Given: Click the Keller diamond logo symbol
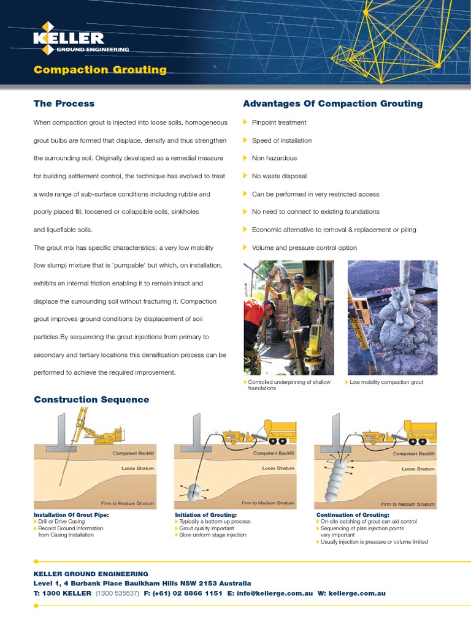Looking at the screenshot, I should tap(48, 31).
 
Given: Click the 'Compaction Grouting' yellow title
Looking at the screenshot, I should tap(100, 70).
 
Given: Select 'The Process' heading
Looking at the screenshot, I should tap(64, 103).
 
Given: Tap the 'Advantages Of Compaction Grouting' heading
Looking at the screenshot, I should tap(332, 103).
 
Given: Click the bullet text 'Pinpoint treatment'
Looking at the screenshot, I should tap(279, 122).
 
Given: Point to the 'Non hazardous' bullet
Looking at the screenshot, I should tap(274, 158).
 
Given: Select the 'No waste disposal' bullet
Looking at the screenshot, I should tap(279, 176).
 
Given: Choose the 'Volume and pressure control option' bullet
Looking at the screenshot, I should tap(304, 248).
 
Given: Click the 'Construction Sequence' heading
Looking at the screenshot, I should tap(91, 400).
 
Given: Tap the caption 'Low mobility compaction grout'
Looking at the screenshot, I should tap(386, 382).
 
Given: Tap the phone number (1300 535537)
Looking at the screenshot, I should tap(117, 593).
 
